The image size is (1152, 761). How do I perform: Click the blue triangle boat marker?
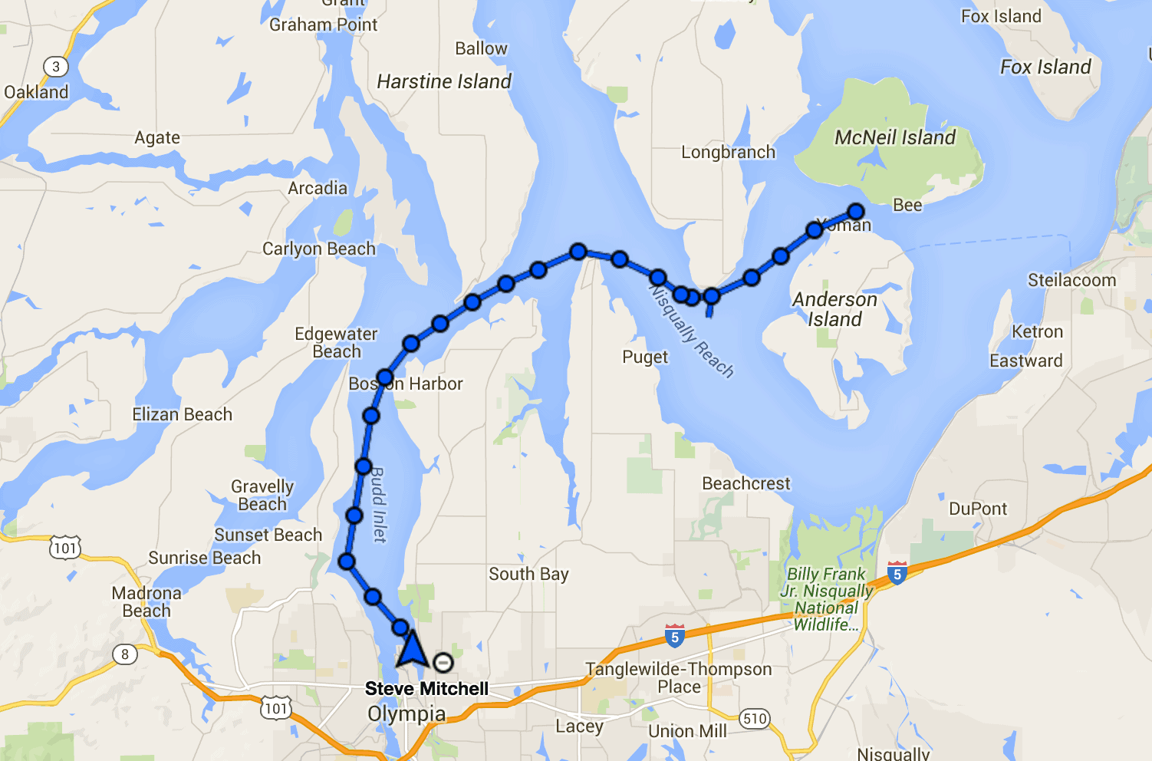coord(412,649)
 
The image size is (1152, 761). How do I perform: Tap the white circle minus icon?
coord(443,663)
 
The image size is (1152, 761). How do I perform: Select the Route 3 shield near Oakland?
coord(55,67)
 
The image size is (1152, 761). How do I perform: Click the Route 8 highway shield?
coord(125,654)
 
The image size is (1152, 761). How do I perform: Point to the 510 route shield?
coord(755,719)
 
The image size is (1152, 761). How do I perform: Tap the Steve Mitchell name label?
coord(426,689)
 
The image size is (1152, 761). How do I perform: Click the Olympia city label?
coord(406,714)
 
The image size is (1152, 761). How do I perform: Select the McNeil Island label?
coord(895,138)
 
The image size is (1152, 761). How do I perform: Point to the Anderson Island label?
coord(834,309)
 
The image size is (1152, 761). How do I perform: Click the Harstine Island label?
coord(444,82)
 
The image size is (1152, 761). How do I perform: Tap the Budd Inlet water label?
coord(378,504)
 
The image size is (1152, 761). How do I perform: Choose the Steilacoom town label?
coord(1071,281)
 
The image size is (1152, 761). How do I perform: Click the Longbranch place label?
coord(728,153)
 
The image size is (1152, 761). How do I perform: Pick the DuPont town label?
coord(978,509)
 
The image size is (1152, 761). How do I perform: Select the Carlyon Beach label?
coord(319,249)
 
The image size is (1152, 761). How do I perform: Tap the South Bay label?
coord(528,575)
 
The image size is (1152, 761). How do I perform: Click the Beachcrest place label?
coord(746,484)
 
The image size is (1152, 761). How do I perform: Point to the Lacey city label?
coord(579,726)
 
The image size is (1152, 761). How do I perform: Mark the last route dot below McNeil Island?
coord(855,212)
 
